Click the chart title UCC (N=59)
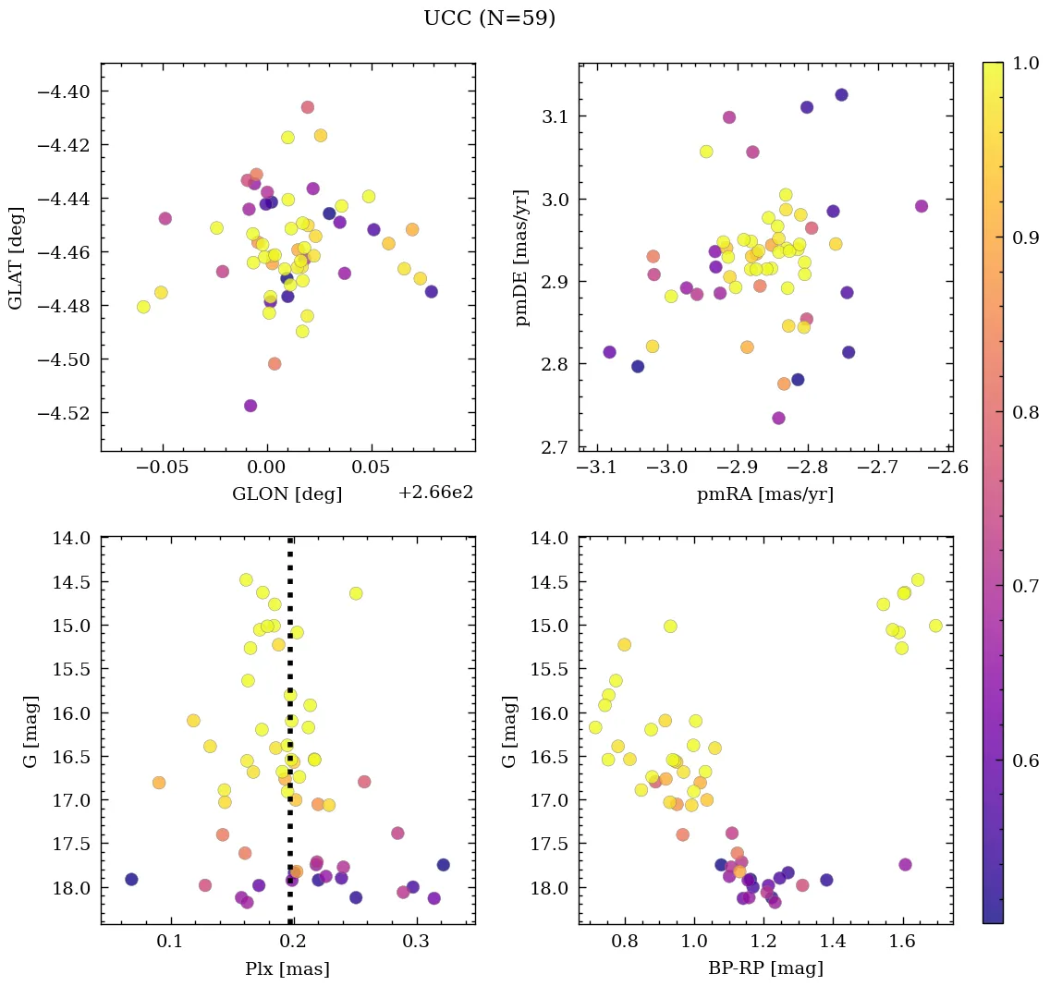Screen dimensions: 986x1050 [x=489, y=18]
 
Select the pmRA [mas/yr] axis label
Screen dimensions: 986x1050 [x=765, y=494]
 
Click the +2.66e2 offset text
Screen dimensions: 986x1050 [x=435, y=493]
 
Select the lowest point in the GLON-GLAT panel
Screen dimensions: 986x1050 [x=250, y=406]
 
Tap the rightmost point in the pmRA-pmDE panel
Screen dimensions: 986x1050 [x=922, y=206]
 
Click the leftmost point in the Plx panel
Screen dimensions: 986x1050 [x=132, y=879]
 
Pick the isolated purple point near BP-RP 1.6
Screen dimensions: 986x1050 [x=905, y=864]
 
